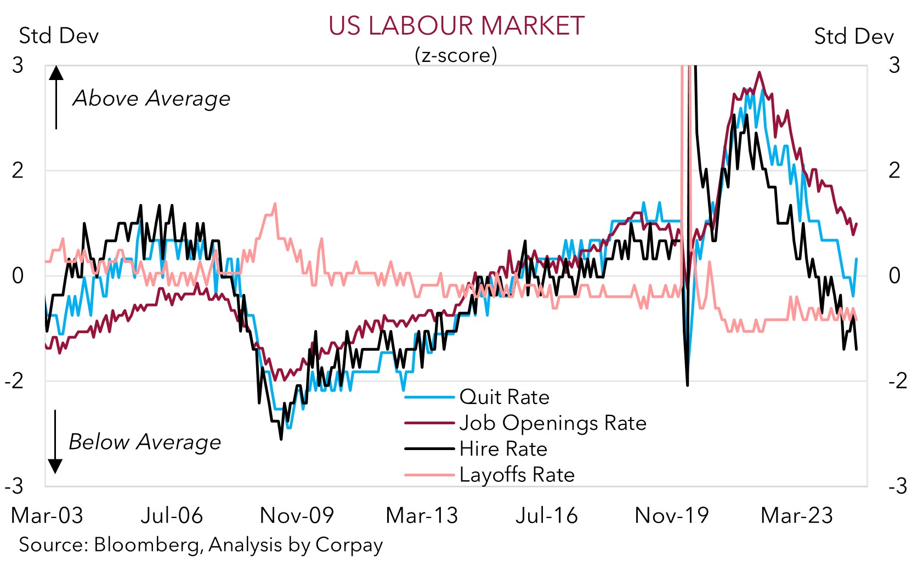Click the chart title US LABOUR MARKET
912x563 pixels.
click(456, 26)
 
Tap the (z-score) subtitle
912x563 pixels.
click(456, 55)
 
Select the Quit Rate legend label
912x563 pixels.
click(504, 397)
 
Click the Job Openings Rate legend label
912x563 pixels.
click(553, 423)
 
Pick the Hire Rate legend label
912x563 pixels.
click(503, 448)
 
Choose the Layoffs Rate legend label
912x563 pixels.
click(517, 474)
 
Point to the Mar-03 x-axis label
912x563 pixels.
click(47, 515)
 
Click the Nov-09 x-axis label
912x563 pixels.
click(297, 515)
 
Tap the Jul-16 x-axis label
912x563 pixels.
click(546, 515)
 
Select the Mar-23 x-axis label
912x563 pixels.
click(796, 515)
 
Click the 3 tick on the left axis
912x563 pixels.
click(18, 65)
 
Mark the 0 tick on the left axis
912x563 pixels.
click(18, 275)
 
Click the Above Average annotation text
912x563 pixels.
click(151, 99)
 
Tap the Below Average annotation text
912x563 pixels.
click(145, 442)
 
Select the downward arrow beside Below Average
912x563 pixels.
click(55, 442)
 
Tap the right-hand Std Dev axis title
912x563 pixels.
click(853, 36)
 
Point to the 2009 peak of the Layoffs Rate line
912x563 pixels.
click(275, 204)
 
